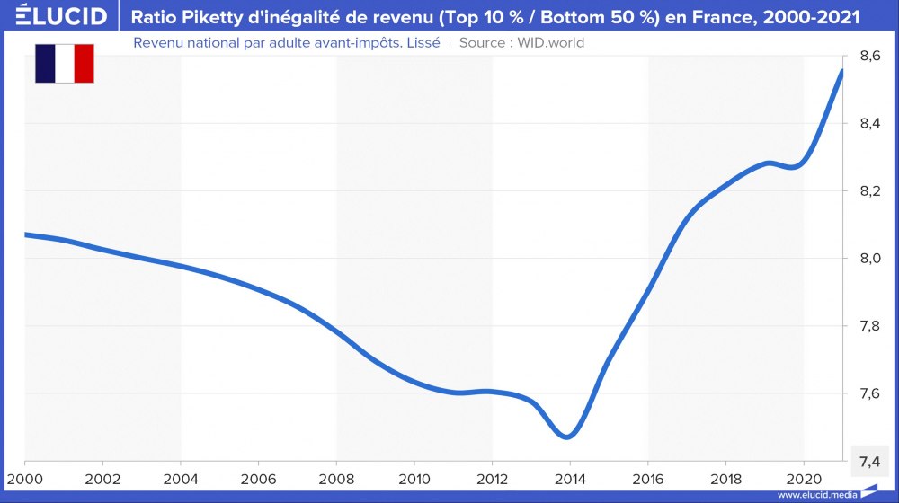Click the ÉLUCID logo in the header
pos(56,16)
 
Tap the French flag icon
pos(65,63)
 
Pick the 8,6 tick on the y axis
pos(869,57)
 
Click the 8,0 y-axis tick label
pos(869,259)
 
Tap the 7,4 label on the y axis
pos(869,461)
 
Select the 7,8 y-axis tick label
pos(869,326)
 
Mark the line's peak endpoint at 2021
pos(841,71)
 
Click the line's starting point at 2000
pos(26,234)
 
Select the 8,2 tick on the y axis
pos(869,191)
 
